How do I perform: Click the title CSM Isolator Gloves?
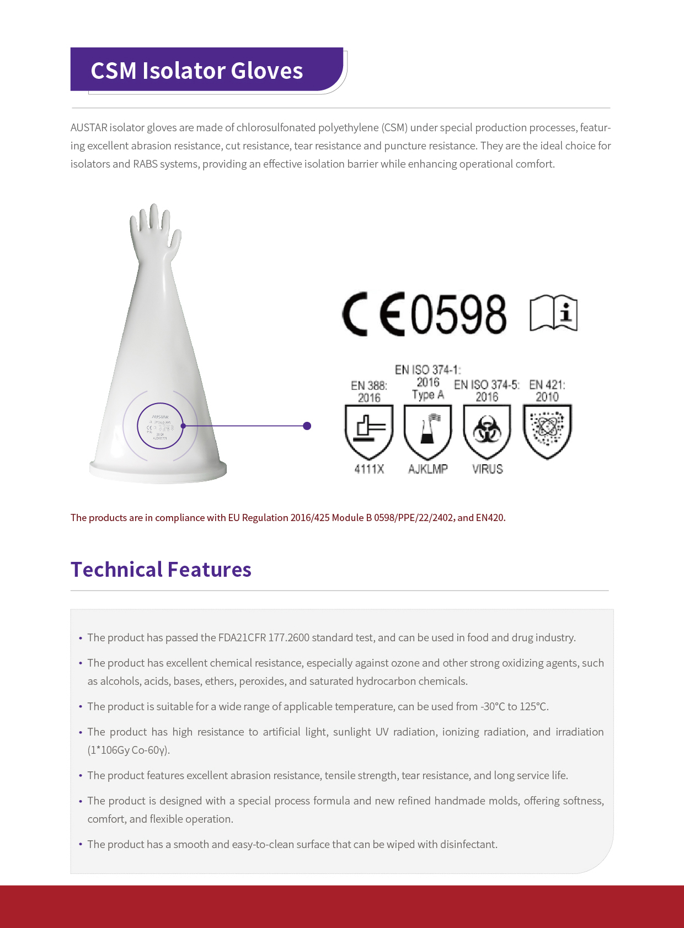pyautogui.click(x=197, y=71)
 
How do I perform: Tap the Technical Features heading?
pyautogui.click(x=161, y=570)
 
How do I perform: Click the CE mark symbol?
pyautogui.click(x=373, y=314)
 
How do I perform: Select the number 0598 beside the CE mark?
pyautogui.click(x=458, y=314)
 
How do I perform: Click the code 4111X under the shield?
pyautogui.click(x=369, y=469)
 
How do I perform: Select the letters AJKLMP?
pyautogui.click(x=428, y=469)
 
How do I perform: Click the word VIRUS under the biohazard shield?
pyautogui.click(x=488, y=469)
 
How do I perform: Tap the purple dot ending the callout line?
pyautogui.click(x=307, y=426)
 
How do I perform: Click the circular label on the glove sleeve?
pyautogui.click(x=160, y=426)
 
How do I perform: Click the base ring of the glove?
pyautogui.click(x=158, y=471)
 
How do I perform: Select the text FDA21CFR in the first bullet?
pyautogui.click(x=242, y=638)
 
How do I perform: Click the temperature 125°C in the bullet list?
pyautogui.click(x=534, y=707)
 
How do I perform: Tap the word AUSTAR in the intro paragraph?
pyautogui.click(x=89, y=128)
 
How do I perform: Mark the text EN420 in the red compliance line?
pyautogui.click(x=490, y=518)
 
